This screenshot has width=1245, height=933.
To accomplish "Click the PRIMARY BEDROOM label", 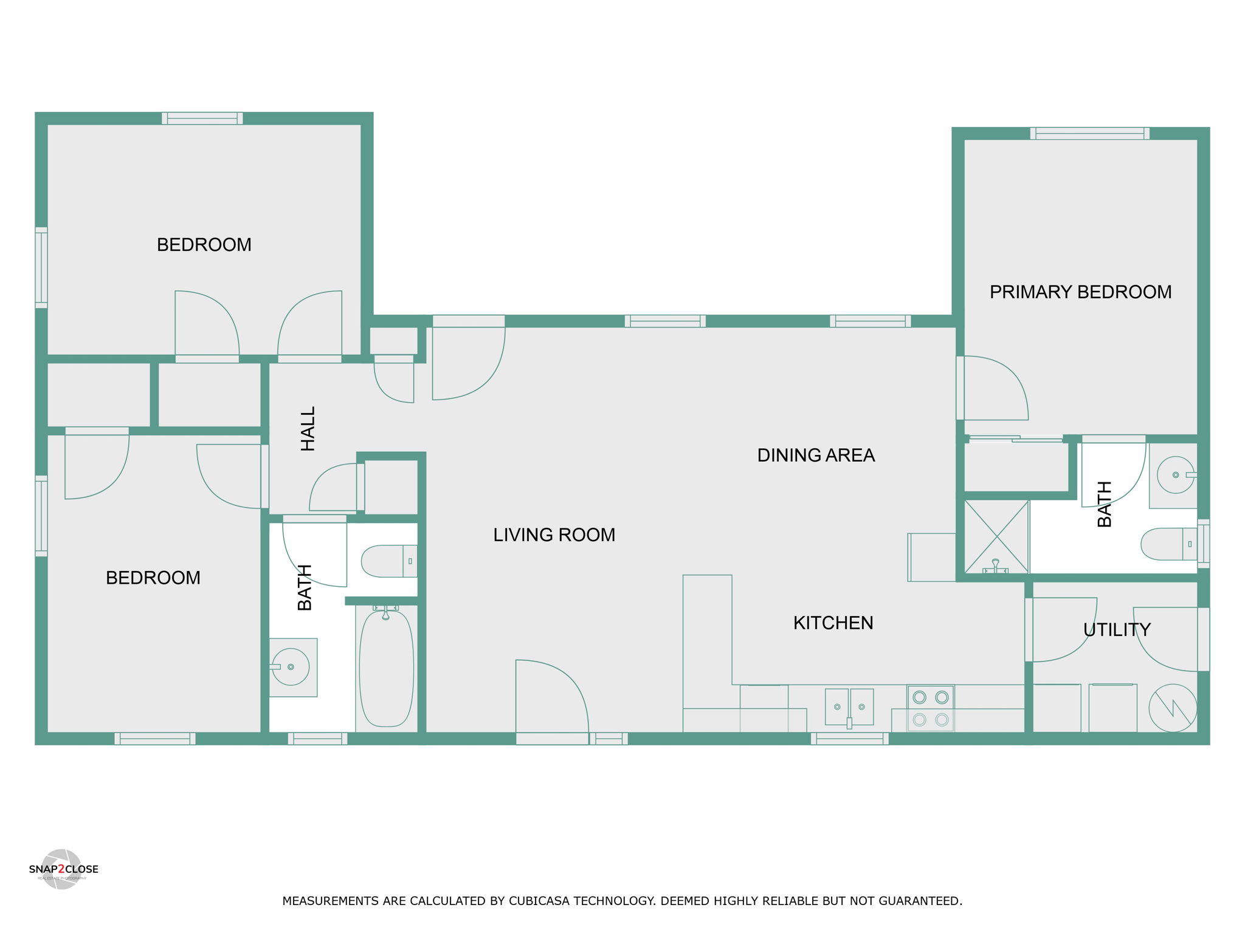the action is (1080, 292).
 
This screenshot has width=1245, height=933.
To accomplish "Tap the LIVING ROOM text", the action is (554, 535).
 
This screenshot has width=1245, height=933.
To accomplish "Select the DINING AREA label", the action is (816, 456).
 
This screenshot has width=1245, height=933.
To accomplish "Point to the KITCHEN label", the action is (833, 623).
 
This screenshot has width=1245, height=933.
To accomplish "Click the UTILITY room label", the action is (1117, 630).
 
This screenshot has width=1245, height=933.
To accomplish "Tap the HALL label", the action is (308, 429).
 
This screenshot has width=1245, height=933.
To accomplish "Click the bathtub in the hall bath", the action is (386, 668).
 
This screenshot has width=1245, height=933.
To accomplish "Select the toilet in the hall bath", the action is (389, 561).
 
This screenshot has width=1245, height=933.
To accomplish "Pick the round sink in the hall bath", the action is (291, 667).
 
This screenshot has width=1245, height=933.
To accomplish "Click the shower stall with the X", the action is (996, 537).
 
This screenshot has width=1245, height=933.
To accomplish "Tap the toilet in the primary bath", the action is (1169, 544).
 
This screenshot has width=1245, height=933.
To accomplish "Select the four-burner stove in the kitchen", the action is (931, 708).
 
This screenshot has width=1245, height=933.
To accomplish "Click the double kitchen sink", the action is (849, 707).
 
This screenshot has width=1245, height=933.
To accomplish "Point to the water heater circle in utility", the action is (1173, 708).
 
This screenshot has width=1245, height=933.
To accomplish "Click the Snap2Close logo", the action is (63, 869).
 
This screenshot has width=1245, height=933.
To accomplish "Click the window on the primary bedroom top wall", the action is (1089, 134).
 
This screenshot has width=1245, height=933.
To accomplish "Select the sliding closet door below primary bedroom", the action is (1016, 439).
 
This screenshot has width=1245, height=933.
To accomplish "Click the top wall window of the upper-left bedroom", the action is (202, 118).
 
